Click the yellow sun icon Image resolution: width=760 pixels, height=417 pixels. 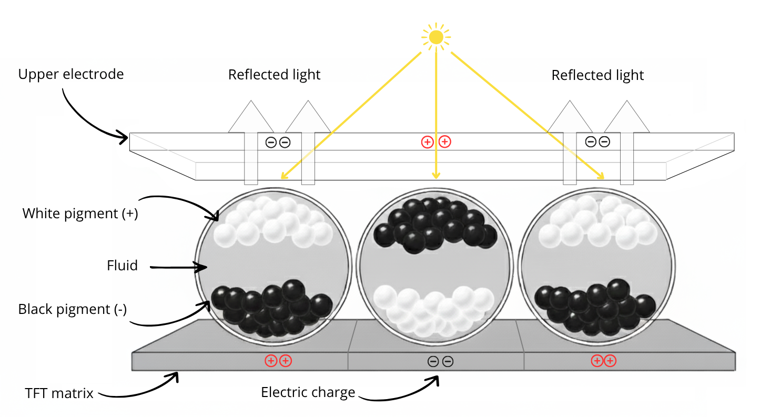436,37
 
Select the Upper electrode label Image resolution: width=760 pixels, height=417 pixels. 71,74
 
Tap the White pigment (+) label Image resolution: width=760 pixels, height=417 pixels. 80,213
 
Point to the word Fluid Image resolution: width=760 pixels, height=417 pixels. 122,266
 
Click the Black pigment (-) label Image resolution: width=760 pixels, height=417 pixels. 73,309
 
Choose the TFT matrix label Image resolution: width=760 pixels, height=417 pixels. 59,393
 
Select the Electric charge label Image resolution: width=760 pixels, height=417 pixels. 308,392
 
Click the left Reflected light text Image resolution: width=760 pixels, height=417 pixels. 274,75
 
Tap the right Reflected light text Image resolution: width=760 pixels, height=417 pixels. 597,75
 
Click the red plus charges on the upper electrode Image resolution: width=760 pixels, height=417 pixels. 435,141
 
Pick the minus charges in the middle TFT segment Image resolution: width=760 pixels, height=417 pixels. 440,361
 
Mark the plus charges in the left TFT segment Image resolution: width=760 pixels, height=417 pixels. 278,361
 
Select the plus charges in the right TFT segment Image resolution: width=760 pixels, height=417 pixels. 603,361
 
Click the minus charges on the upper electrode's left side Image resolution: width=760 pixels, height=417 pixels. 278,142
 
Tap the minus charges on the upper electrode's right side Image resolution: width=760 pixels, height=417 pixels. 597,141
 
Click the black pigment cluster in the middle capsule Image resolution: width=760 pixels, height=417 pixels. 434,223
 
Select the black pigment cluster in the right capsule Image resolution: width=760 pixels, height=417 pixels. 595,308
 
